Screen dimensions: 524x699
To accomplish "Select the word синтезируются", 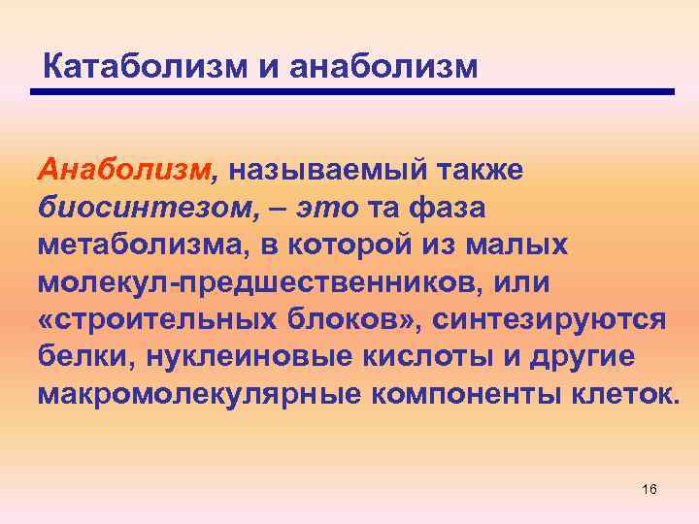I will [x=554, y=320].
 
